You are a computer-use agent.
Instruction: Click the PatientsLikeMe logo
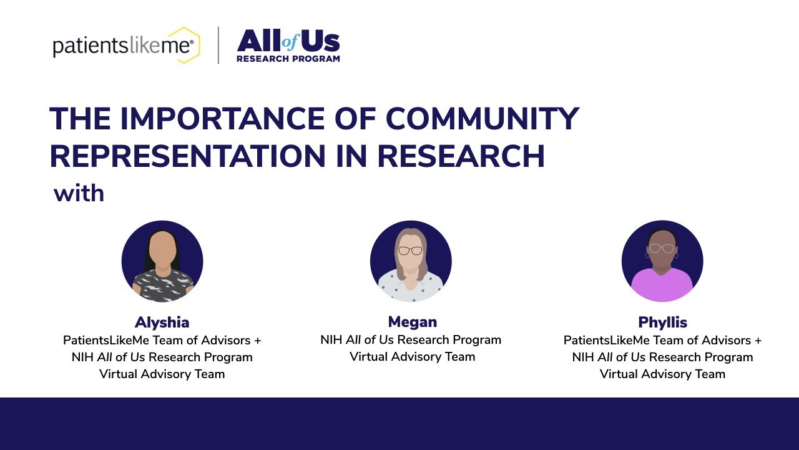pyautogui.click(x=125, y=46)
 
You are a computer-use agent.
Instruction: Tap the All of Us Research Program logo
pyautogui.click(x=288, y=46)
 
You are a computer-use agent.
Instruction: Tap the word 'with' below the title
pyautogui.click(x=79, y=193)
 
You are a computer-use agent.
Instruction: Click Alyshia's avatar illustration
pyautogui.click(x=162, y=261)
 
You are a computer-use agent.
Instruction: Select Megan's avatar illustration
pyautogui.click(x=411, y=261)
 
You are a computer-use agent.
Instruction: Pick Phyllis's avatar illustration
pyautogui.click(x=662, y=261)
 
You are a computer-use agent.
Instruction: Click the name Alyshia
pyautogui.click(x=162, y=322)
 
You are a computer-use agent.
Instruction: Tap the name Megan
pyautogui.click(x=412, y=322)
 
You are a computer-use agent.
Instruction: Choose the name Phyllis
pyautogui.click(x=662, y=322)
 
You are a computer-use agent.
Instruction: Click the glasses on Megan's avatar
pyautogui.click(x=410, y=251)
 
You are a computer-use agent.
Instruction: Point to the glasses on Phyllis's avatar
pyautogui.click(x=662, y=248)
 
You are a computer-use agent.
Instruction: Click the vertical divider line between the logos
pyautogui.click(x=218, y=45)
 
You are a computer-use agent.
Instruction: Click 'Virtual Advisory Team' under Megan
pyautogui.click(x=412, y=357)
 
